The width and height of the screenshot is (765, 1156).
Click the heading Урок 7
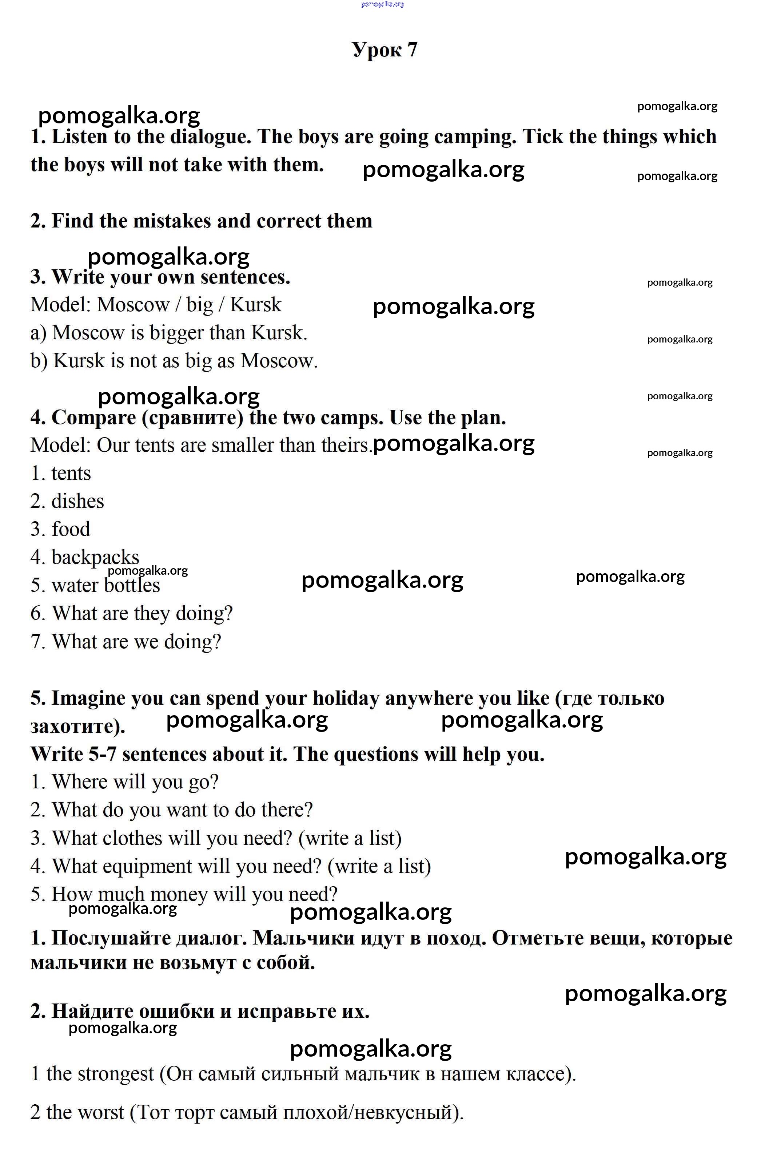(x=385, y=50)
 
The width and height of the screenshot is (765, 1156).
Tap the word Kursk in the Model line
(x=256, y=305)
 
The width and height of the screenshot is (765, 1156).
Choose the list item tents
(x=71, y=474)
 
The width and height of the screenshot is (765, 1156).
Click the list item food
(x=71, y=529)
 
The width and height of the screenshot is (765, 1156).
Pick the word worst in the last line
(x=101, y=1112)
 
